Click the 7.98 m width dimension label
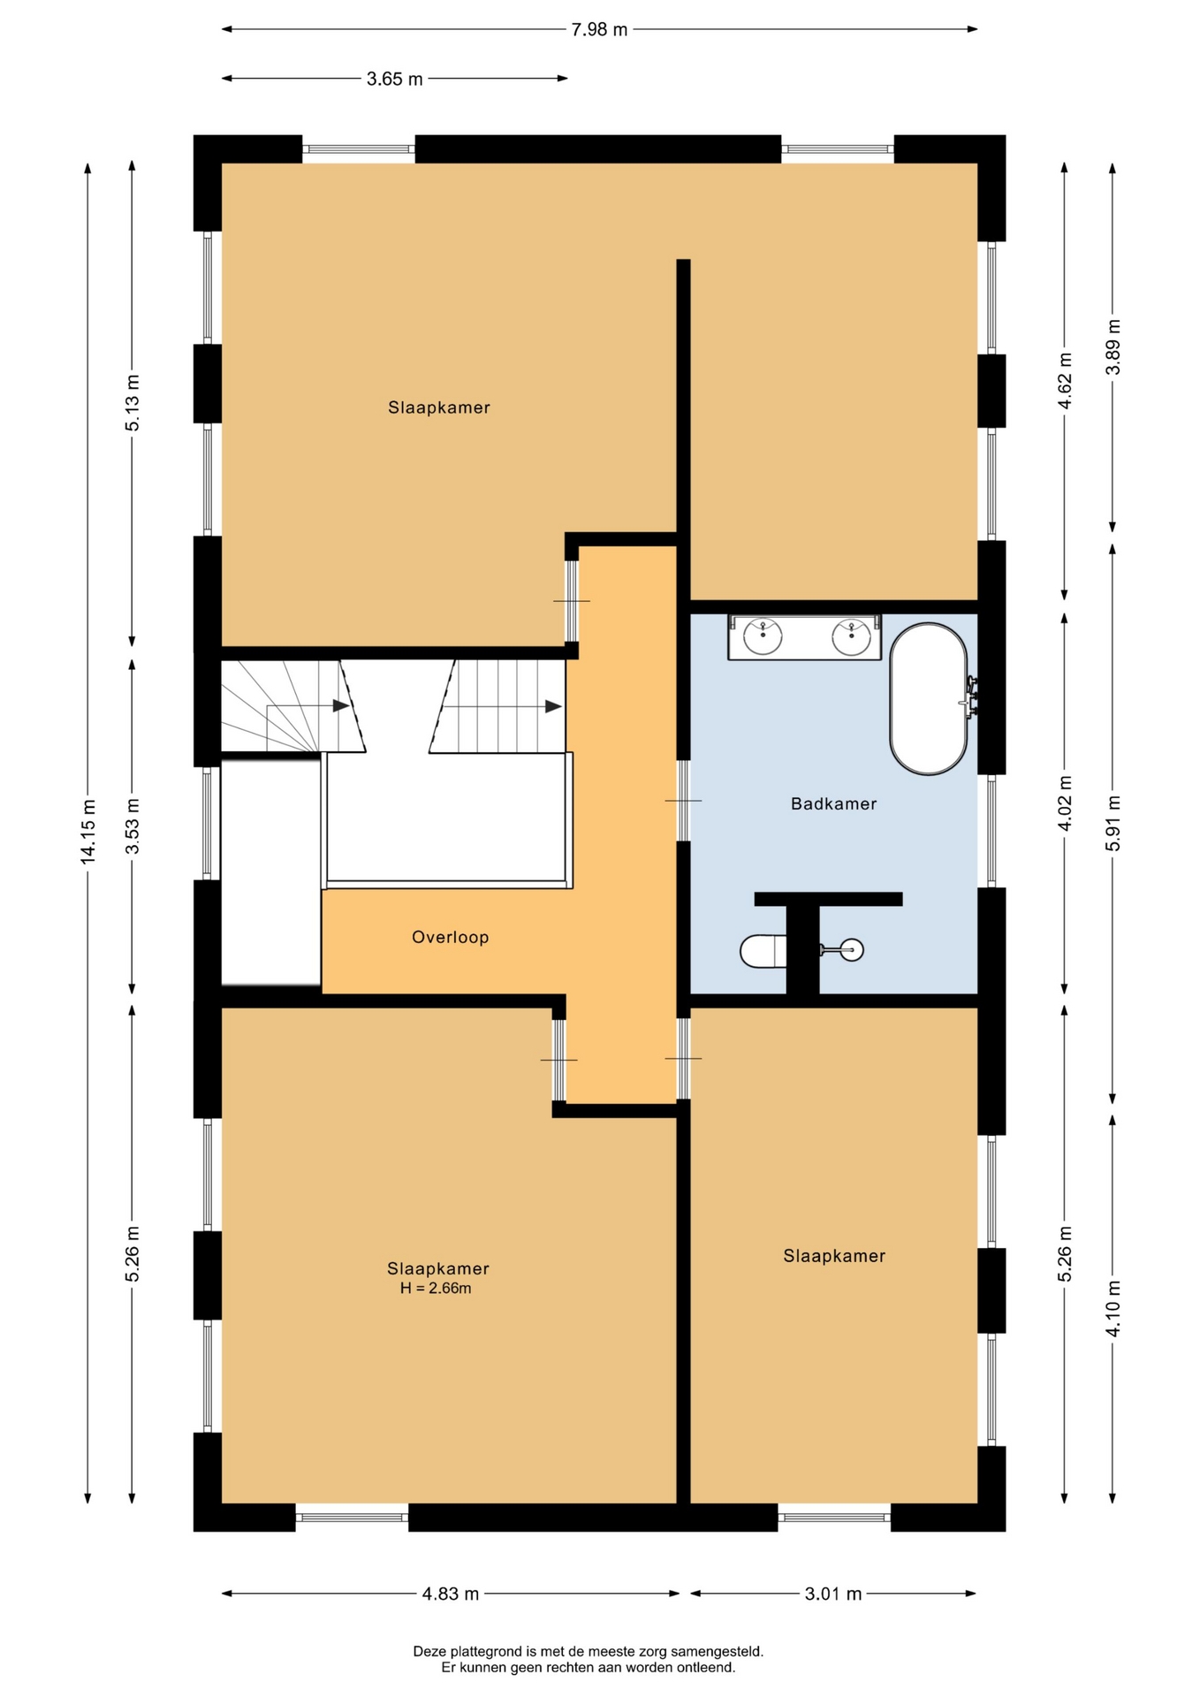(599, 30)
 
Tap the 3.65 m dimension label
(395, 80)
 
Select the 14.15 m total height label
(88, 831)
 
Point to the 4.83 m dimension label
(451, 1594)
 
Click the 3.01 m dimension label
(833, 1594)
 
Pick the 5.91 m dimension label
(1113, 823)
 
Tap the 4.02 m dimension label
(1065, 803)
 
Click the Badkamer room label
(833, 803)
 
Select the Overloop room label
(450, 937)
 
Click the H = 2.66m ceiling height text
(436, 1289)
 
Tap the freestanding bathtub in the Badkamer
(929, 699)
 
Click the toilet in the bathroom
(762, 951)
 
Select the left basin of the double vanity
(763, 636)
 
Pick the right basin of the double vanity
(852, 636)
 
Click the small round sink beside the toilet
(852, 950)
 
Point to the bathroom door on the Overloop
(683, 801)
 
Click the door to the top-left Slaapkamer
(572, 601)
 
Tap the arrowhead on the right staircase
(554, 706)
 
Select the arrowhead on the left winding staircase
(341, 705)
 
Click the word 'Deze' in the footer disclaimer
(429, 1651)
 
